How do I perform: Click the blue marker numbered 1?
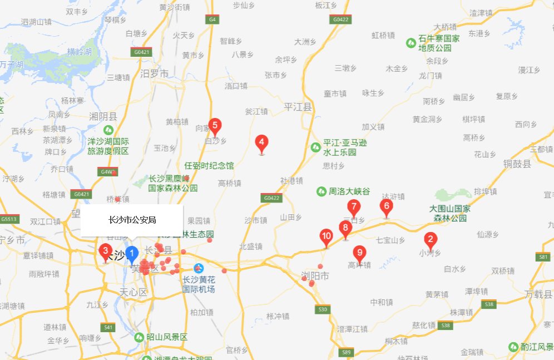pos(132,255)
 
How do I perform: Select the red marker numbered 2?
pos(429,241)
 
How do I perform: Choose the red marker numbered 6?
pos(386,207)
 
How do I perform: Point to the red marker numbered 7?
pos(353,208)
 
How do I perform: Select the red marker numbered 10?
pos(327,238)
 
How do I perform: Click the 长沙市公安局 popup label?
pos(132,220)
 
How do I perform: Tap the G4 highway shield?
pos(212,19)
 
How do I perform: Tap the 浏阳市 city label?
pos(315,276)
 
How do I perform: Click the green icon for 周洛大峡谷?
pos(321,191)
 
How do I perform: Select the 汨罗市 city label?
pos(155,73)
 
